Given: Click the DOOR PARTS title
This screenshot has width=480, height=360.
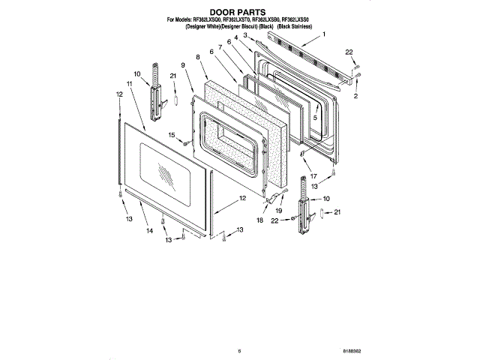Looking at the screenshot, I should click(238, 13).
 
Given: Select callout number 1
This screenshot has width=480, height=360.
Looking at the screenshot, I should click(324, 34).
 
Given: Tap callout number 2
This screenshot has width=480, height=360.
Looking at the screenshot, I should click(356, 97).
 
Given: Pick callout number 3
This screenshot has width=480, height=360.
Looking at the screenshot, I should click(244, 35).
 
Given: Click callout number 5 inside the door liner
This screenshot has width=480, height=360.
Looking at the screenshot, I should click(316, 118).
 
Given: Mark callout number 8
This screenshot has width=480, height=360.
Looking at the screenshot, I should click(197, 56).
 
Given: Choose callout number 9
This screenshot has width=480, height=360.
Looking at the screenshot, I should click(182, 65).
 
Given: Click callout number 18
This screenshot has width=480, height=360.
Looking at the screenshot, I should click(260, 221).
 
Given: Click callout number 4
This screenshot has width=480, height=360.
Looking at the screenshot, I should click(235, 37).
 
